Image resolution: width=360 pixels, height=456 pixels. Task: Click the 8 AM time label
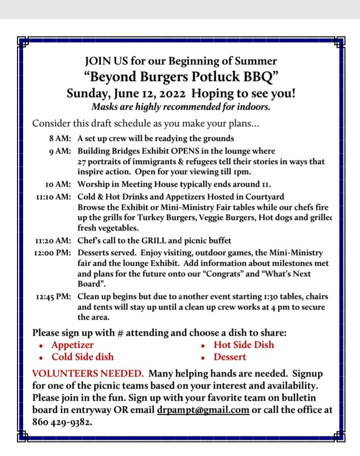click(x=59, y=138)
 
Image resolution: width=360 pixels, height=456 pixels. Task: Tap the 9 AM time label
click(x=60, y=151)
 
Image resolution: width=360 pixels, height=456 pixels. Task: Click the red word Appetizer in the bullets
click(x=73, y=345)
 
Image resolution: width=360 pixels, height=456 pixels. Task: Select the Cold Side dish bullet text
click(x=83, y=357)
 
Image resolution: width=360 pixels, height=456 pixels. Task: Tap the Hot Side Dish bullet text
click(x=244, y=345)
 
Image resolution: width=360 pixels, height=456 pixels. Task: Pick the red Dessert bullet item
click(x=230, y=357)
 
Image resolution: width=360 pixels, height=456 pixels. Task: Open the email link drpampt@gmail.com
click(x=203, y=409)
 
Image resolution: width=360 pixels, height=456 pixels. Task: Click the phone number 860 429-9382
click(x=62, y=422)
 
